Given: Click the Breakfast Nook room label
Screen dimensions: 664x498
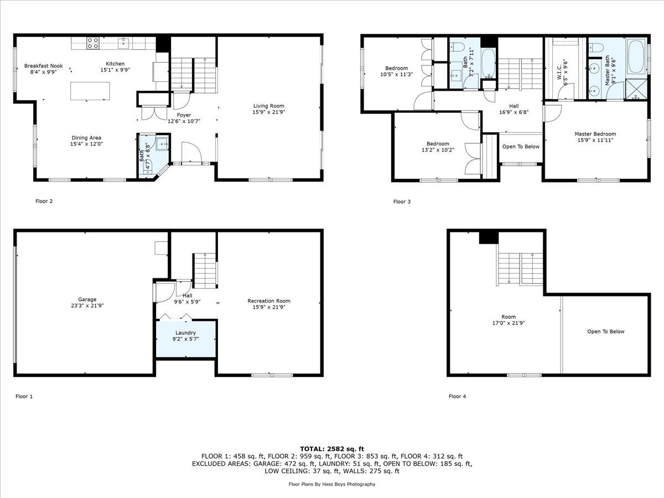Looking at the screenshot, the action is pos(44,66).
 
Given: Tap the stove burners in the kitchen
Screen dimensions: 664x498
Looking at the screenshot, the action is pos(93,43).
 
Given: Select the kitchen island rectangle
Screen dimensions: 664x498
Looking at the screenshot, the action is pos(90,91).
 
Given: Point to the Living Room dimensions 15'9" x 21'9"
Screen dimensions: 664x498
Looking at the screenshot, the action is pos(268,112).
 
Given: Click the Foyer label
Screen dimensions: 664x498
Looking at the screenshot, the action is pos(184,115).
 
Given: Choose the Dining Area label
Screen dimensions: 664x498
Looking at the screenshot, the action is pos(86,138).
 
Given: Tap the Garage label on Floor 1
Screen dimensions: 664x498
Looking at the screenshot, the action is pos(87,300).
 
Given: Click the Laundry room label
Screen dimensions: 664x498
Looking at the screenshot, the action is pos(185,333).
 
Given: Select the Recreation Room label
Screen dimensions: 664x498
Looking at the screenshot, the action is pos(268,301).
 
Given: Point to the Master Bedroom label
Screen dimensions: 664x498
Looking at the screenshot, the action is pos(595,134).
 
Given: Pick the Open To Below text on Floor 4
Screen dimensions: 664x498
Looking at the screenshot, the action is pos(605,331).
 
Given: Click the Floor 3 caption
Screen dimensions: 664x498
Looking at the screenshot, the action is pos(402,201).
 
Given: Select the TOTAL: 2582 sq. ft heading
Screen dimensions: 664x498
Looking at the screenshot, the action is pos(332,449).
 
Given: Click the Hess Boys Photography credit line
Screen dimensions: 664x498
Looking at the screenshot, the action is pos(332,484).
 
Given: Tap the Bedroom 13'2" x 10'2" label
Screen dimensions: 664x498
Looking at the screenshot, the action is pos(438,147).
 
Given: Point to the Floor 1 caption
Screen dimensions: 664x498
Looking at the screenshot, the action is pos(24,396).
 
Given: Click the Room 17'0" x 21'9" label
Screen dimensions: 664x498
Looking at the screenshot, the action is pos(509,320).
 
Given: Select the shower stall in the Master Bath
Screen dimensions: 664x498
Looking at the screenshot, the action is pos(636,89).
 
